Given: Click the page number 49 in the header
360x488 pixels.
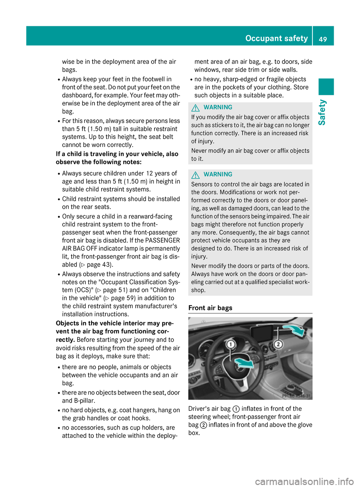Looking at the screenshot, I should tap(323, 39).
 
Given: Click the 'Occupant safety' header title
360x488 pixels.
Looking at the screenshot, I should tap(276, 38).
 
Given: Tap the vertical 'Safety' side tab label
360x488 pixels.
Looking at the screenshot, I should tap(322, 112).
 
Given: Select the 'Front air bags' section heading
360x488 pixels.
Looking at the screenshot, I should tap(210, 308).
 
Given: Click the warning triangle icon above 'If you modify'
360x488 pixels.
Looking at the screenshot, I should tap(195, 108).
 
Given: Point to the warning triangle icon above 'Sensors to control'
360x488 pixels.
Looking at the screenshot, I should tap(195, 175).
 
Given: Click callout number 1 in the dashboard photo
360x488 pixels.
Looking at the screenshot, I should tap(231, 344).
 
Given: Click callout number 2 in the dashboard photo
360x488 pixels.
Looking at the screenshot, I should tap(278, 344).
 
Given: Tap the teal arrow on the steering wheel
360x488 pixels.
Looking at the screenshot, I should tap(243, 363).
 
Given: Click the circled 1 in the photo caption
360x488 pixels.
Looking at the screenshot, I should tap(236, 409).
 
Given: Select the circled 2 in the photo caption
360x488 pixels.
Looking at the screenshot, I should tap(204, 425).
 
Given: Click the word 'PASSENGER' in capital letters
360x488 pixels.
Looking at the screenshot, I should tap(162, 240).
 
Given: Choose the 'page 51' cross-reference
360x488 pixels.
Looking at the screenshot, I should tap(115, 290).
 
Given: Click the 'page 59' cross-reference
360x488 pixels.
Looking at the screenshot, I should tap(123, 298).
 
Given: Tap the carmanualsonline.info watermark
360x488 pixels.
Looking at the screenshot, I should tap(304, 481).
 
